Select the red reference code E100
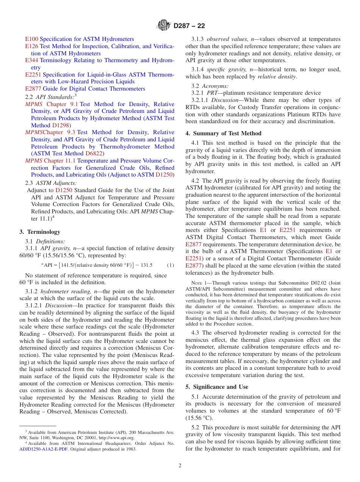(31, 39)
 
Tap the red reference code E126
(31, 46)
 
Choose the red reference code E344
(31, 60)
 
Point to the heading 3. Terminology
(39, 232)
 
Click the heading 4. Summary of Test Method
(223, 133)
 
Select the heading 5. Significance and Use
(217, 387)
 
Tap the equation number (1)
(171, 265)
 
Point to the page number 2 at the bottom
(180, 466)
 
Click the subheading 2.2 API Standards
(50, 97)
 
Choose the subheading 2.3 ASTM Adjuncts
(50, 183)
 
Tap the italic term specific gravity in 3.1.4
(222, 69)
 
